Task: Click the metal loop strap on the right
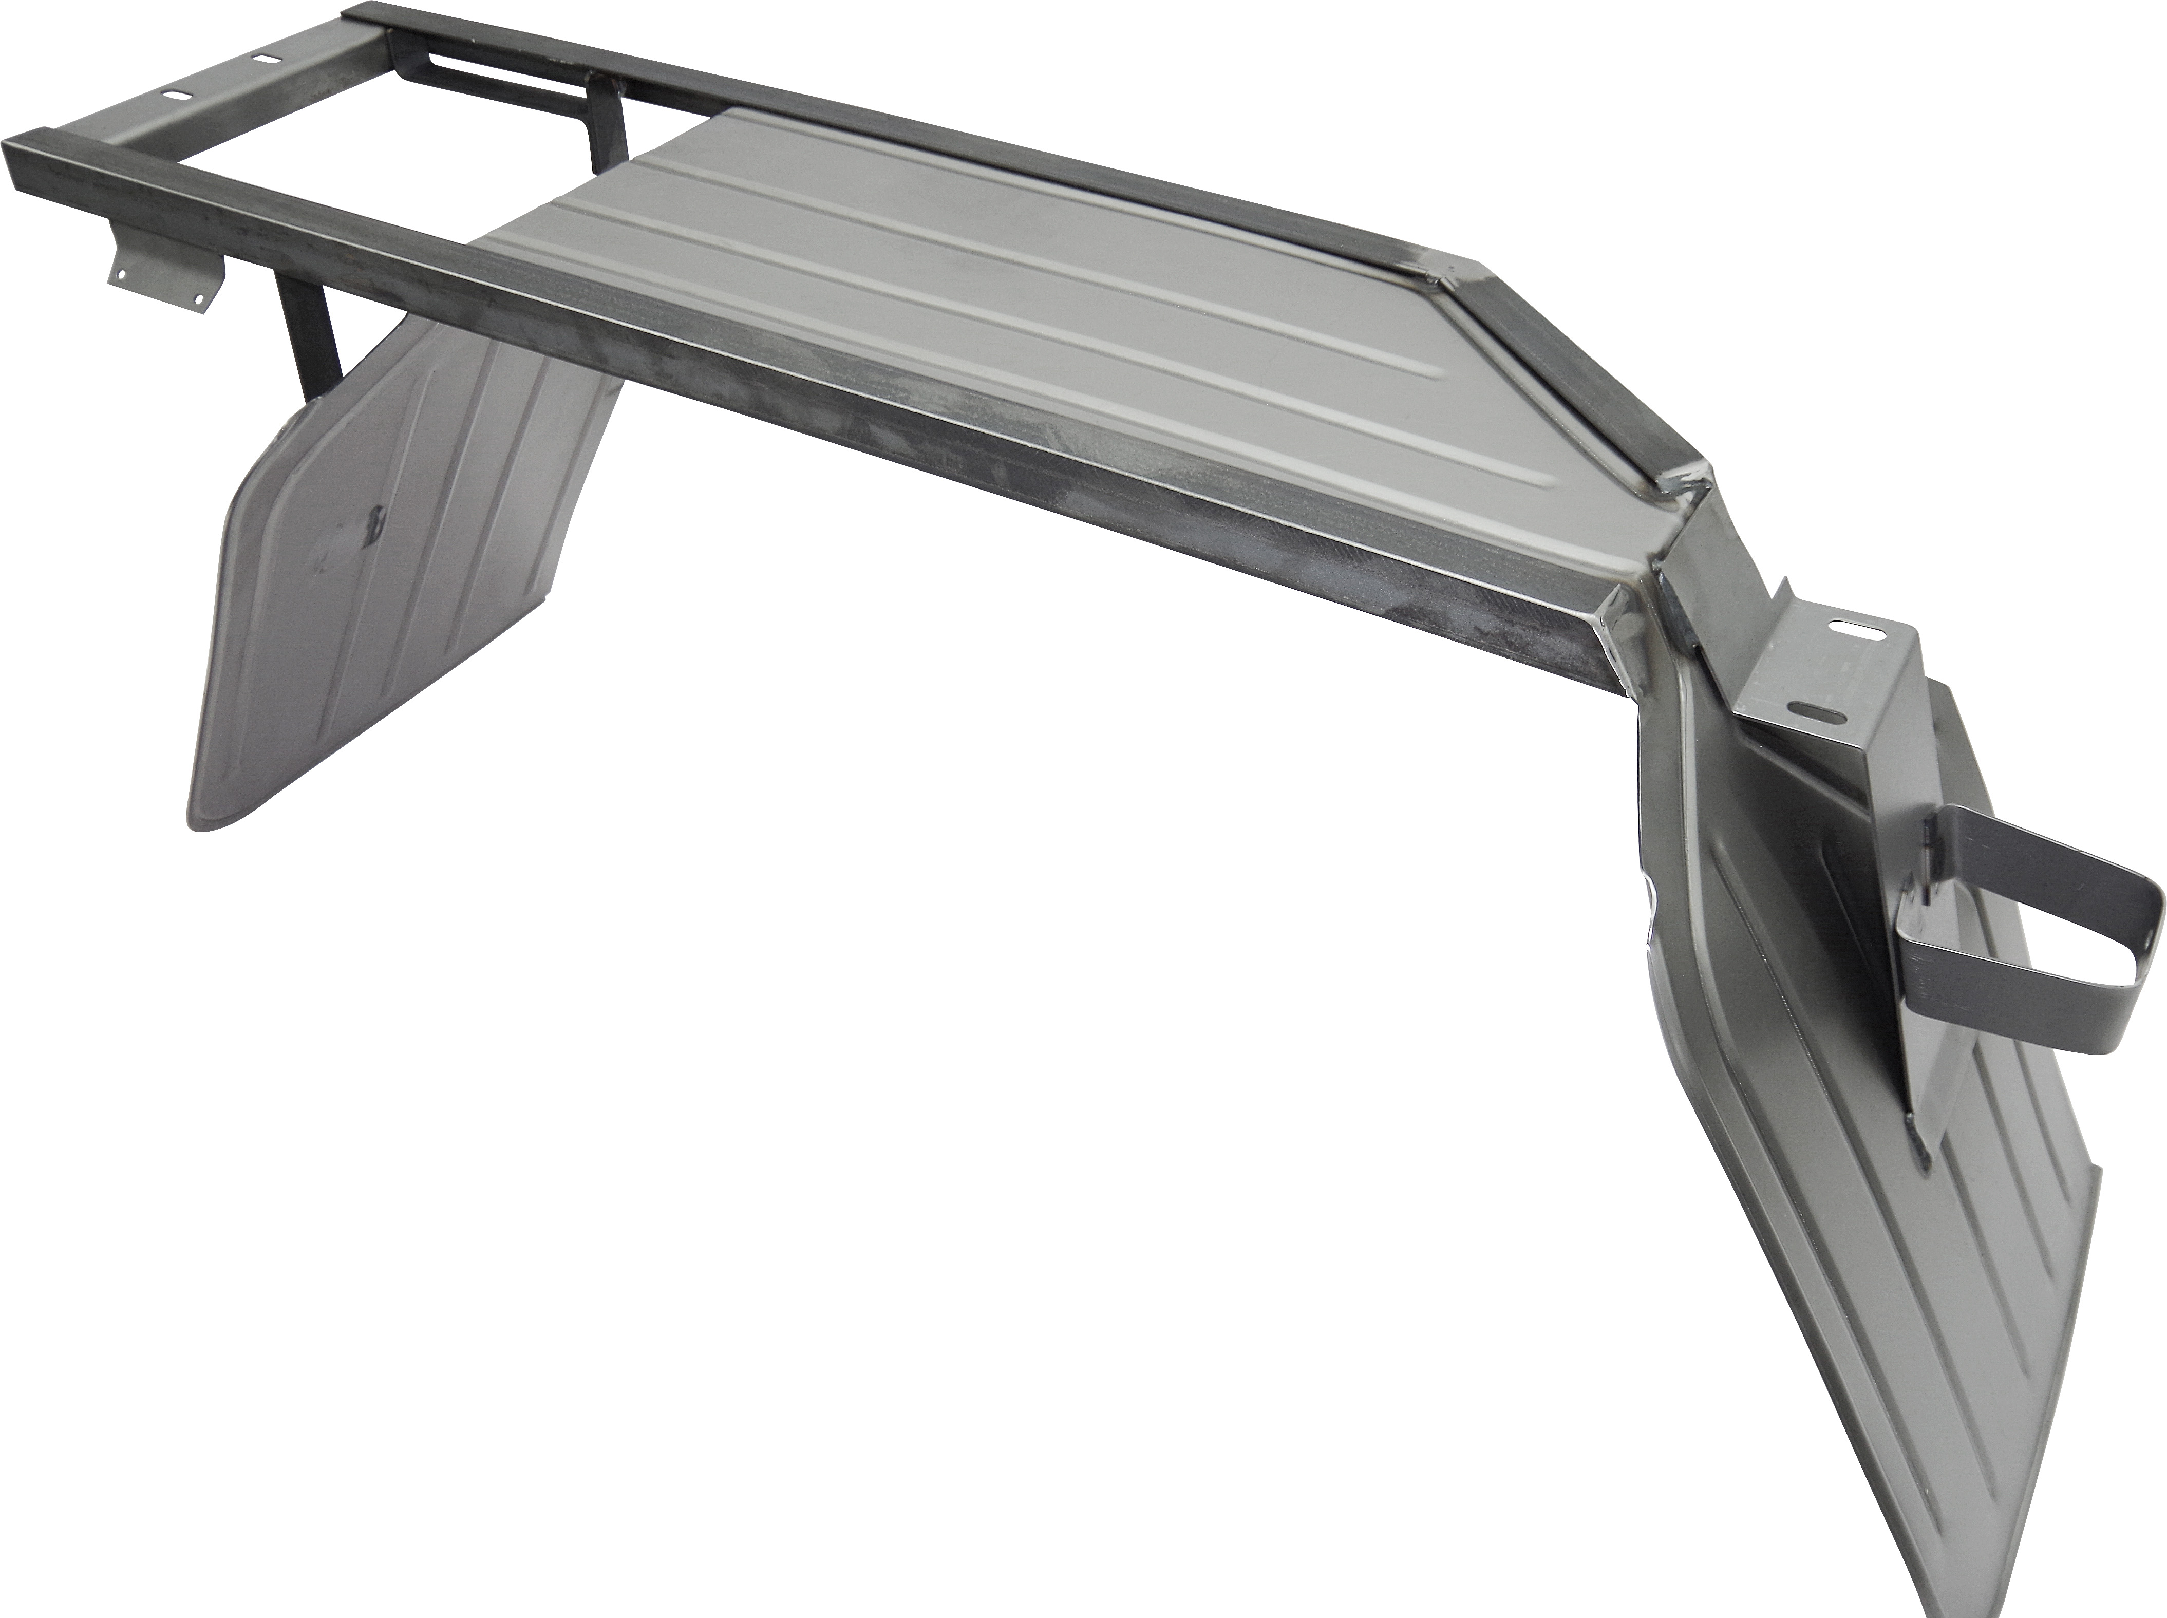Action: tap(2037, 911)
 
